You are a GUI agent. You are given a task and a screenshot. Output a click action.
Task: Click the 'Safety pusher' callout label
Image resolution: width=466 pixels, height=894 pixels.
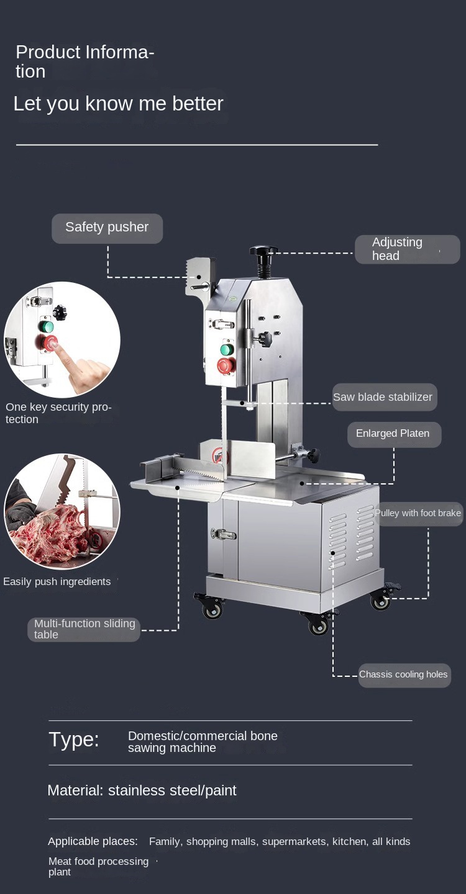[x=107, y=228]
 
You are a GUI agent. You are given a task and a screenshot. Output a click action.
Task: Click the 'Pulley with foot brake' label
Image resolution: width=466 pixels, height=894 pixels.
[x=418, y=514]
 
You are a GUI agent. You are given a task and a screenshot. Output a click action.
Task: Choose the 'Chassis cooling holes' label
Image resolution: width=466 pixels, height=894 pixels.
[x=404, y=675]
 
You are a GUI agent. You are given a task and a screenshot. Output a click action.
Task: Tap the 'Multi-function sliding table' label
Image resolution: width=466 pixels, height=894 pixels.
[x=84, y=629]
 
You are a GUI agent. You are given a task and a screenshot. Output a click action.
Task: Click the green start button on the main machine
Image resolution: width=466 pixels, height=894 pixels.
[x=227, y=350]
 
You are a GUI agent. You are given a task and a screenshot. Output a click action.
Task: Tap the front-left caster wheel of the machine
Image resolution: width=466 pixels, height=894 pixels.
[x=212, y=608]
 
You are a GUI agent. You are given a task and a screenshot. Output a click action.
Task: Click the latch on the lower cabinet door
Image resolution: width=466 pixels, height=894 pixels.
[x=222, y=534]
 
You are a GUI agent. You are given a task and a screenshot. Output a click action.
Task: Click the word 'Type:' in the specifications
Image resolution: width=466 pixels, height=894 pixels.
[x=74, y=739]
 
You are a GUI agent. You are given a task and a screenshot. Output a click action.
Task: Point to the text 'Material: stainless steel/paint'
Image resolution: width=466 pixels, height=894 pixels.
[x=142, y=790]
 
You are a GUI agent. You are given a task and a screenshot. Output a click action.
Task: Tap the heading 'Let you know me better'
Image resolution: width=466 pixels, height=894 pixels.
[x=118, y=104]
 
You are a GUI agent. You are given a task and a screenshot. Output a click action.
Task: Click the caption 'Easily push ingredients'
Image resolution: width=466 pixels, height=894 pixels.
[x=57, y=581]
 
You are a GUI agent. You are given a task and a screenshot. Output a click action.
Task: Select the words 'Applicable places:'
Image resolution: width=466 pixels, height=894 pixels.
[x=93, y=841]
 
